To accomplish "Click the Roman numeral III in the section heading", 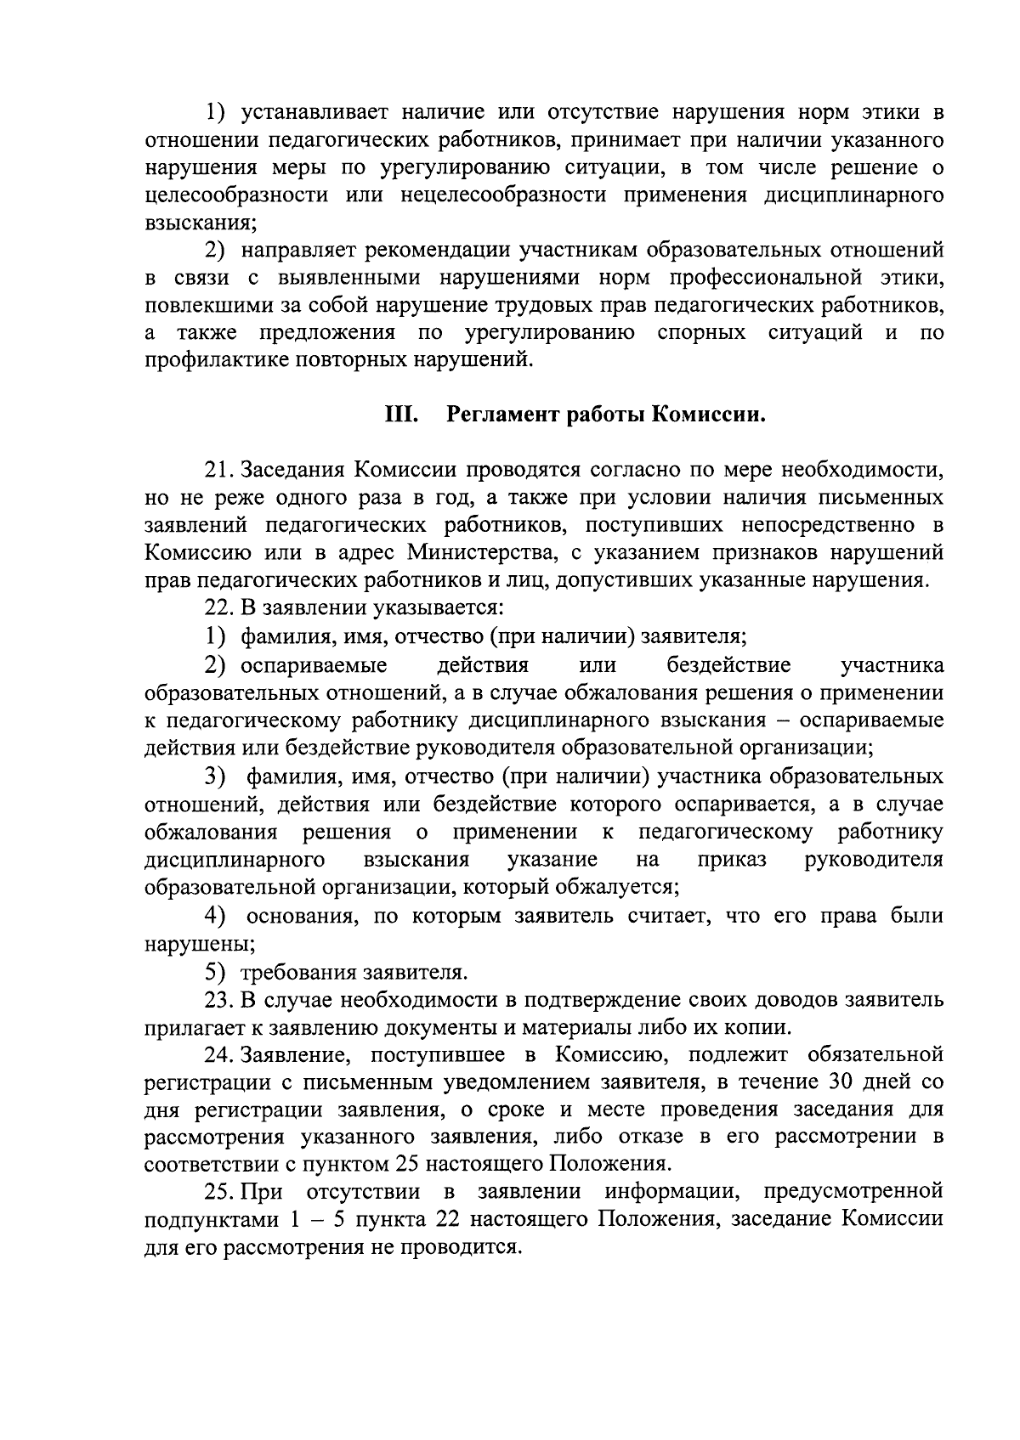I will (x=399, y=415).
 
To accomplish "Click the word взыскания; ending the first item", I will (x=200, y=223).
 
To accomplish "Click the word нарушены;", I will (x=200, y=943).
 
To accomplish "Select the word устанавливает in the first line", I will (x=314, y=113).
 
